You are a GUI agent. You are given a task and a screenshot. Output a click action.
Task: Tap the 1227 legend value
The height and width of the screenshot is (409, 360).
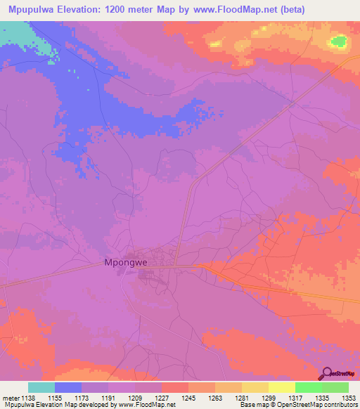162,398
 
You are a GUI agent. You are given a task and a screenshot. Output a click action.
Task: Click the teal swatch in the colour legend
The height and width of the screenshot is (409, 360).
41,387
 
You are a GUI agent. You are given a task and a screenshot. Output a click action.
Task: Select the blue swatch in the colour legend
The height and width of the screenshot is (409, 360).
68,387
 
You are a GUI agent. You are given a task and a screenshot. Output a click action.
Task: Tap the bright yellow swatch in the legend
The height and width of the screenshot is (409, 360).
281,387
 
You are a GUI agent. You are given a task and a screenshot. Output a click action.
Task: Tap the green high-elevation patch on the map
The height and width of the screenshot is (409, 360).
339,41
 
